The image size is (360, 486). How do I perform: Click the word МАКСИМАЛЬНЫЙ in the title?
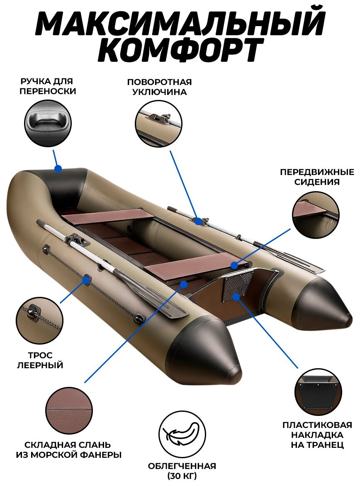tap(180, 23)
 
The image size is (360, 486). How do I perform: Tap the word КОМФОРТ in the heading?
tap(180, 51)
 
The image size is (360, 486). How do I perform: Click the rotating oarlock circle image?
tap(158, 123)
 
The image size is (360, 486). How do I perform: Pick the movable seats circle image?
tap(315, 214)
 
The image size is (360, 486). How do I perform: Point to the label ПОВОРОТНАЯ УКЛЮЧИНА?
tap(159, 87)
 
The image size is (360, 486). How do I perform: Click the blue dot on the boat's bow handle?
tap(58, 169)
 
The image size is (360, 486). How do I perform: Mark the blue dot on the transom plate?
tap(236, 296)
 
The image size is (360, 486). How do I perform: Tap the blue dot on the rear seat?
tap(234, 265)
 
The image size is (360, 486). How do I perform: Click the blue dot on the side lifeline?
tap(86, 280)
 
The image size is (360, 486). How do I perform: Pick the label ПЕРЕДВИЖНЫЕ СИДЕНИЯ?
tap(317, 177)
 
